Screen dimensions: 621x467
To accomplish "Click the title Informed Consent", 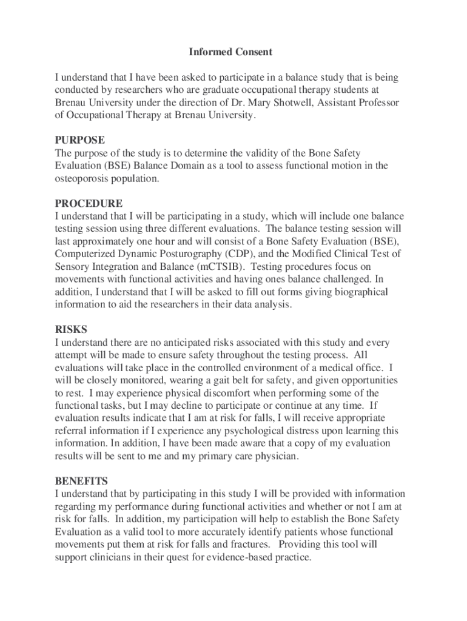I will [230, 52].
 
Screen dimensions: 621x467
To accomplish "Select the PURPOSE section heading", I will [79, 140].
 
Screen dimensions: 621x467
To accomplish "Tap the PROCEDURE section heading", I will [89, 203].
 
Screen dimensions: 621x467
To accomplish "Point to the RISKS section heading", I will [71, 329].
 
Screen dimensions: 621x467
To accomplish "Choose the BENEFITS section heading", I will [81, 481].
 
